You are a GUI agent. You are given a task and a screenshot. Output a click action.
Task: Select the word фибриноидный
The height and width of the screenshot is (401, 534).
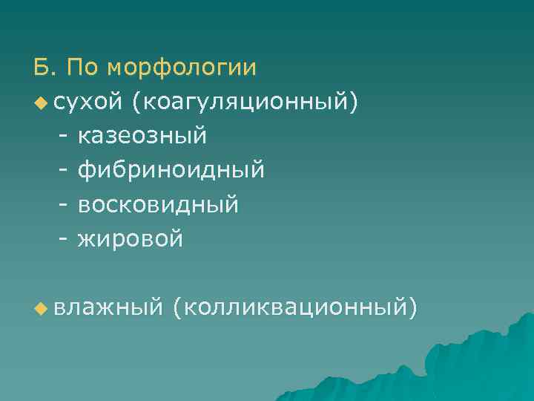click(x=171, y=171)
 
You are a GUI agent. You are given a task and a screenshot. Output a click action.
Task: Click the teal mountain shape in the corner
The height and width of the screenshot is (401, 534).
click(x=445, y=364)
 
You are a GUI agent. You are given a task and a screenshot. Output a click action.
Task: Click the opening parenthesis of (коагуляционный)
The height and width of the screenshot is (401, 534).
click(x=135, y=102)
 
